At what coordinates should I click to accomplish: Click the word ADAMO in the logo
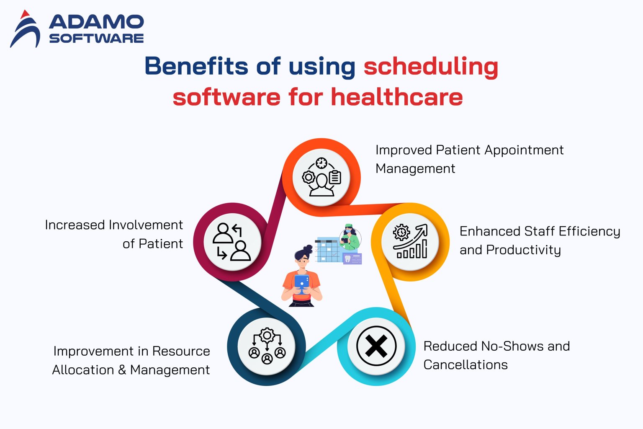[96, 22]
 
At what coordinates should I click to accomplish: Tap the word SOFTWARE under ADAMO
[96, 39]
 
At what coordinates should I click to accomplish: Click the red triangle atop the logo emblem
[25, 14]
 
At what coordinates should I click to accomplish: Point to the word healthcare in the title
[397, 97]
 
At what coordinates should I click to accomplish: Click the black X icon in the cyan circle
[376, 346]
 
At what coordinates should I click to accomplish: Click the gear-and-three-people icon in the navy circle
[267, 346]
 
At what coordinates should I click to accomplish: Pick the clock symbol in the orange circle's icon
[321, 163]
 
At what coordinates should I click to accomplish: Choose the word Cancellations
[466, 365]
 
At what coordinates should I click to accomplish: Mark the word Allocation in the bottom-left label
[83, 370]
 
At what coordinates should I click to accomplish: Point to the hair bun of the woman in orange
[308, 249]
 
